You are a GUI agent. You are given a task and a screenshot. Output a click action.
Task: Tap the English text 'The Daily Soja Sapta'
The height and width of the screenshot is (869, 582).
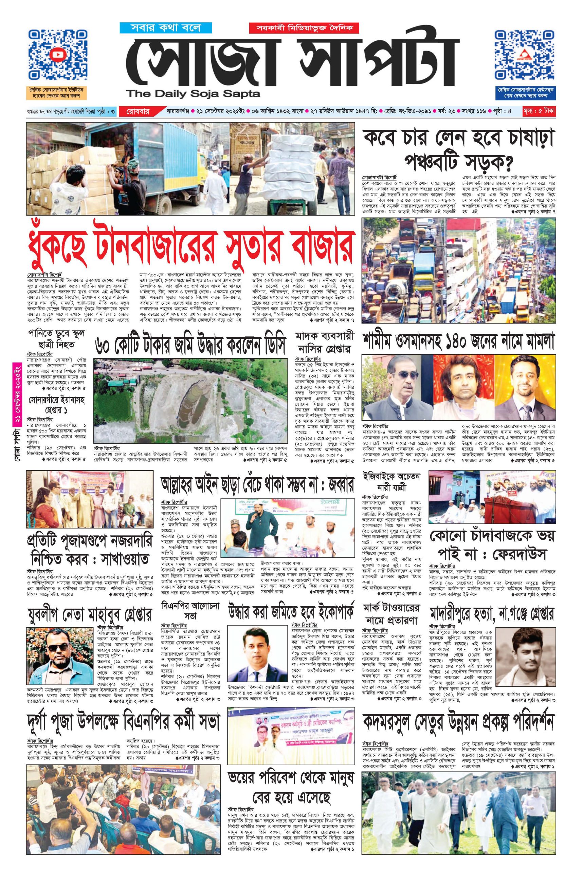pyautogui.click(x=193, y=94)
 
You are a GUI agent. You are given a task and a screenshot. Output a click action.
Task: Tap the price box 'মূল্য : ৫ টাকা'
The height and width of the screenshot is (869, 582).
pyautogui.click(x=539, y=111)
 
